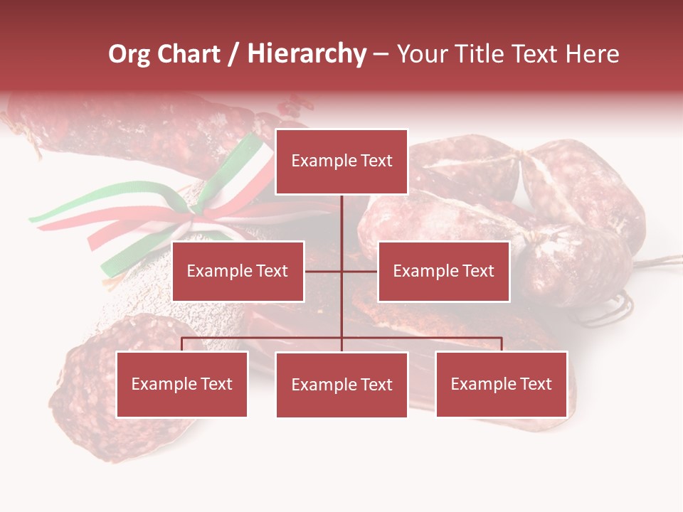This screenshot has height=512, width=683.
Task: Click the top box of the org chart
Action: (341, 161)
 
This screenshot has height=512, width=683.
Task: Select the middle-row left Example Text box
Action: (238, 271)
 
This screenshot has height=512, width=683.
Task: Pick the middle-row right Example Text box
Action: (443, 271)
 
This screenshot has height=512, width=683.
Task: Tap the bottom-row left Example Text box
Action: (182, 384)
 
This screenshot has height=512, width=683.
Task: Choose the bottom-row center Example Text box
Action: (341, 385)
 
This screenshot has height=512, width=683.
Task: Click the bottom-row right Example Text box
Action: (501, 384)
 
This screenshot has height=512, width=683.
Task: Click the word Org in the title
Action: (129, 54)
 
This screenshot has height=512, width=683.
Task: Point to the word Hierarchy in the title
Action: (307, 54)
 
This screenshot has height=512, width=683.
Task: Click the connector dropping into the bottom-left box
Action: (182, 344)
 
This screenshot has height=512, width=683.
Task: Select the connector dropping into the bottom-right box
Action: (502, 344)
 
